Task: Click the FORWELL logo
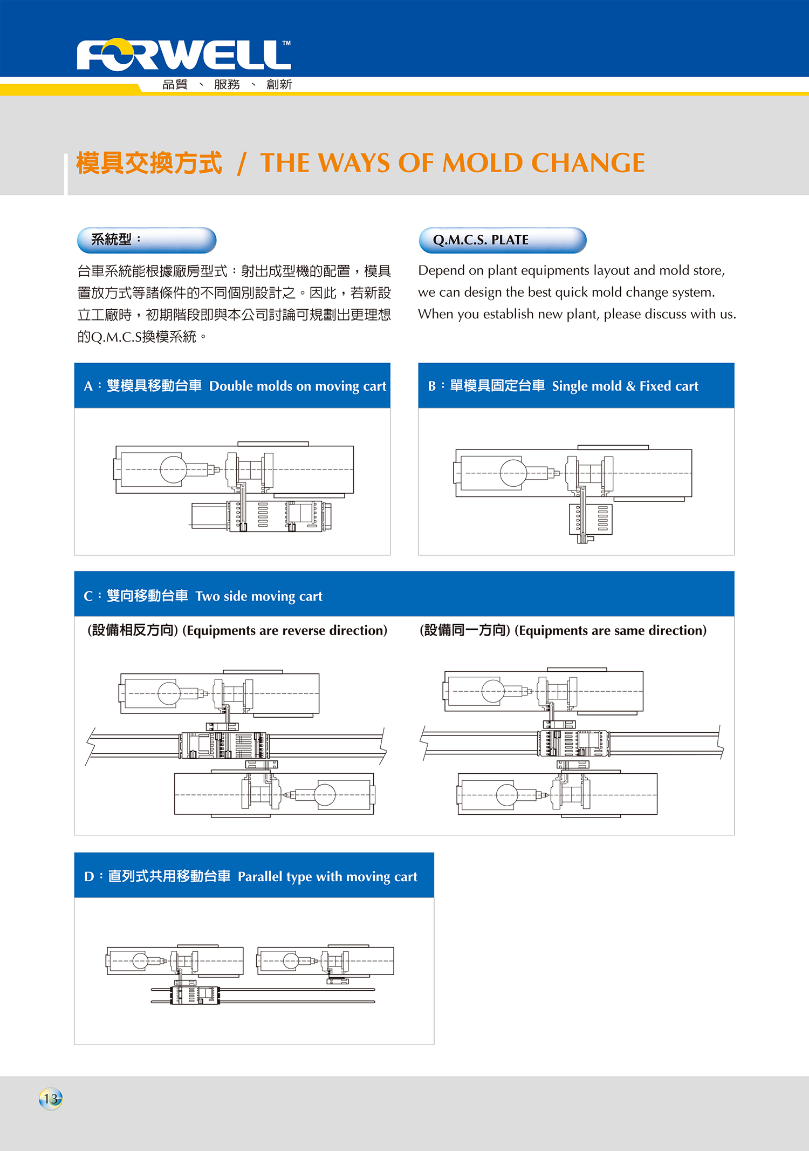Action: coord(183,55)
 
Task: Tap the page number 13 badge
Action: coord(51,1099)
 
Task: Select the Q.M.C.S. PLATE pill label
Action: coord(502,240)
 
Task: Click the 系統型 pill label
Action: coord(147,240)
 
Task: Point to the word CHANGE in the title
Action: coord(588,163)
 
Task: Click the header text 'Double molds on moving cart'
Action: coord(298,386)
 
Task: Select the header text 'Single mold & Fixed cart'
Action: coord(625,386)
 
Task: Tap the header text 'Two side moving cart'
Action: coord(259,596)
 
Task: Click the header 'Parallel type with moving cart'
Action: coord(327,877)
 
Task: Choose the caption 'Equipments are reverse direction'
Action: coord(285,631)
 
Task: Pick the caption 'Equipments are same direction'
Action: coord(611,631)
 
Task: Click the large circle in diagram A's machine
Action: coord(173,469)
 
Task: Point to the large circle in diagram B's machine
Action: coord(513,473)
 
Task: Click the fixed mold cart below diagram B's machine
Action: coord(591,520)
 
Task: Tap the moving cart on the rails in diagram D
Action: coord(195,996)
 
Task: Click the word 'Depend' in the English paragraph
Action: coord(441,271)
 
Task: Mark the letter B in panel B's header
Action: coord(432,386)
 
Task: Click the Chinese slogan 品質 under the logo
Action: coord(175,84)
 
